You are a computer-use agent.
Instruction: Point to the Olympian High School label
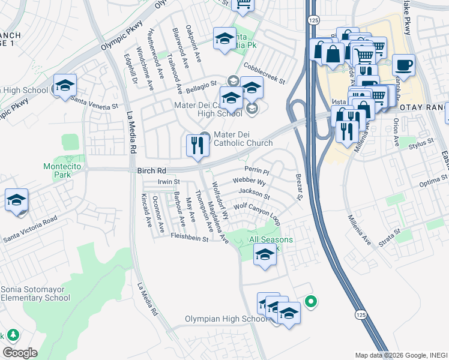(226, 319)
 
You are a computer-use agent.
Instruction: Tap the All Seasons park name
(271, 240)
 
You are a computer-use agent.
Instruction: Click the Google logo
(20, 353)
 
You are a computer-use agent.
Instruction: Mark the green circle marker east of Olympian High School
(310, 301)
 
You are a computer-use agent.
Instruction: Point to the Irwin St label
(169, 181)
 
